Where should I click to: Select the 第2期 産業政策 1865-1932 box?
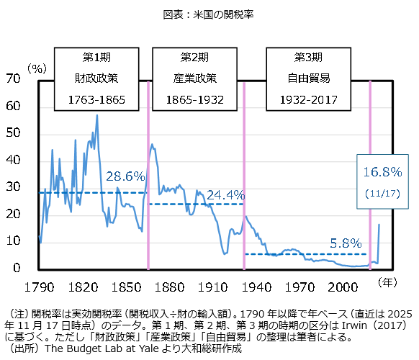tap(195, 77)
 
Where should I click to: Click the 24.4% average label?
tap(226, 194)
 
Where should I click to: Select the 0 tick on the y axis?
tap(18, 269)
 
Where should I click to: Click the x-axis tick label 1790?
tap(40, 287)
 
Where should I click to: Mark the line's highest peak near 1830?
tap(97, 115)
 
